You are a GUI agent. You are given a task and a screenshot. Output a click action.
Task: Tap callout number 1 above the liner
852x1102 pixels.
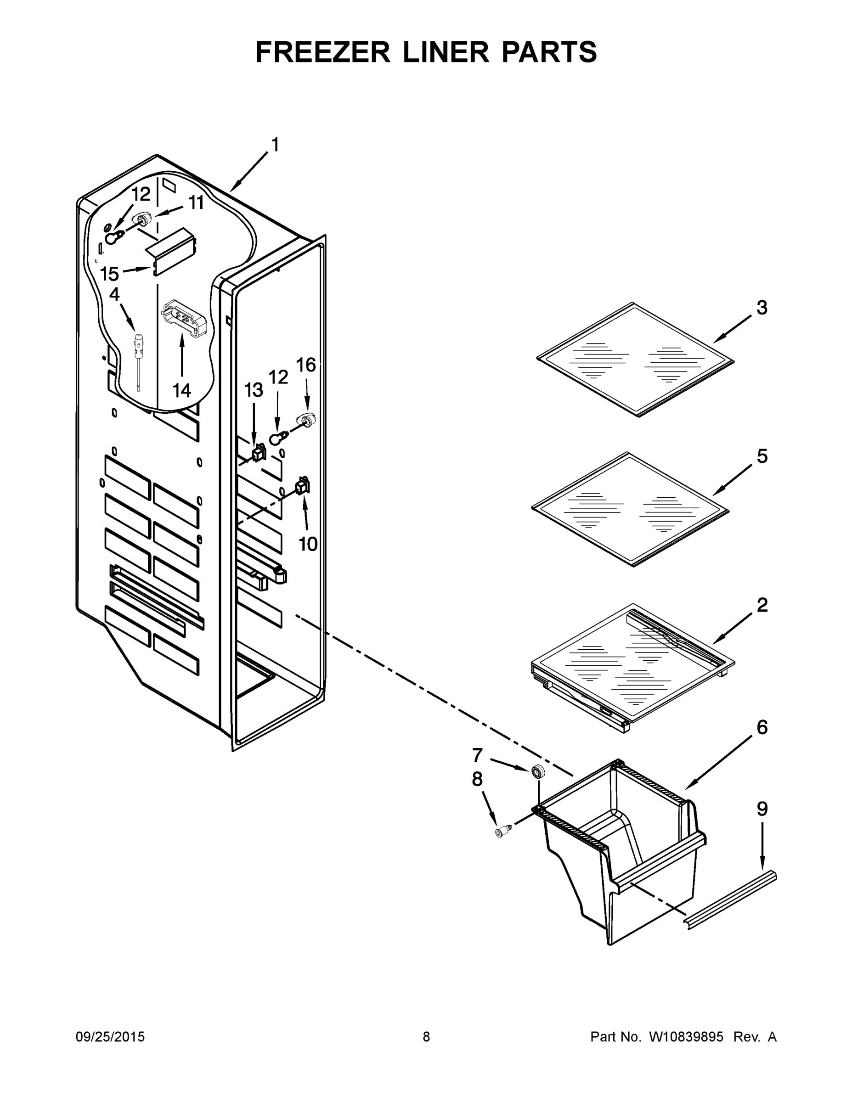pos(275,145)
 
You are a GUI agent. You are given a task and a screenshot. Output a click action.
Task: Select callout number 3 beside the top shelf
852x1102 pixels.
pos(762,307)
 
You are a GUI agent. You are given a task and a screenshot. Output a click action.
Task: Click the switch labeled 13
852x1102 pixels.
pos(259,453)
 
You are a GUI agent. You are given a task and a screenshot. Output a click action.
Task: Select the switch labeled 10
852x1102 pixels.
pos(302,486)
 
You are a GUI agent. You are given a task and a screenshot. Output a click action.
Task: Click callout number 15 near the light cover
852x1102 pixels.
pos(109,274)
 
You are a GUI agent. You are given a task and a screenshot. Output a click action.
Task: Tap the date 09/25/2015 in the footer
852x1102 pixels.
pos(110,1037)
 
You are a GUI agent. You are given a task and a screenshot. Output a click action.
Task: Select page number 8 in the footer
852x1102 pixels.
pos(426,1037)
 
